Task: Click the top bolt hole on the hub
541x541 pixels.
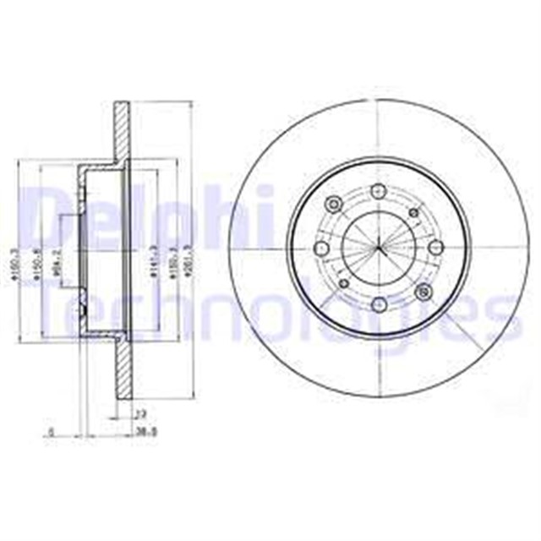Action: [379, 194]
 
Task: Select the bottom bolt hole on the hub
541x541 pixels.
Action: [379, 302]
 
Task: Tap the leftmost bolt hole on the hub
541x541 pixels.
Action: [321, 248]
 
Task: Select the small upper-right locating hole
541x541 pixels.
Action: [413, 213]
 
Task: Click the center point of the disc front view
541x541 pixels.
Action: [379, 248]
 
